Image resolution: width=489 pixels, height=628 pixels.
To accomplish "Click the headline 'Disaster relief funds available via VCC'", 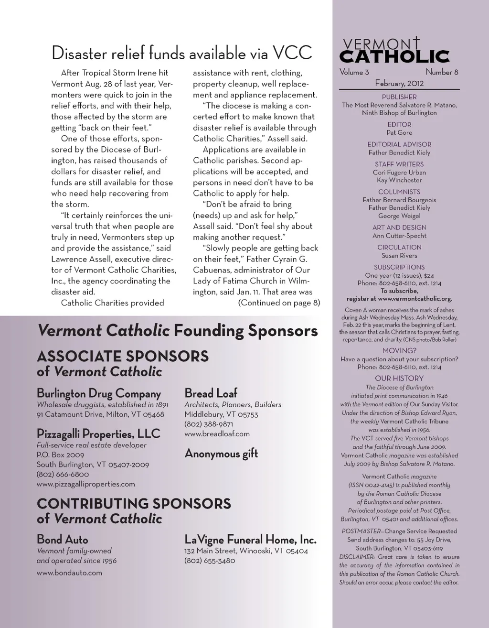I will point(181,53).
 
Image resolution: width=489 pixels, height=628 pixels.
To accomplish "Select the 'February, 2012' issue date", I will point(399,84).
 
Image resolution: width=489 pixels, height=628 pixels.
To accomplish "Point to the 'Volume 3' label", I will point(354,73).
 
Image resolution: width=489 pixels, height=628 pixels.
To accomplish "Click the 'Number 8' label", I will point(442,73).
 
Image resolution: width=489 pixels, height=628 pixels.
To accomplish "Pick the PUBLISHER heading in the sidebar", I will point(399,97).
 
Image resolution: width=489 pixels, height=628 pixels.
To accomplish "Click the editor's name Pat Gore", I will point(399,133).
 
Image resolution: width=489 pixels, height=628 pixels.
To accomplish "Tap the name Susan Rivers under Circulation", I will point(399,256).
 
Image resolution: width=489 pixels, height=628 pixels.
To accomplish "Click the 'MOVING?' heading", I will point(399,351).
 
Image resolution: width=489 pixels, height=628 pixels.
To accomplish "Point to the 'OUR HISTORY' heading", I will point(399,379).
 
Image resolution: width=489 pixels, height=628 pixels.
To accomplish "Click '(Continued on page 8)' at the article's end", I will point(279,303).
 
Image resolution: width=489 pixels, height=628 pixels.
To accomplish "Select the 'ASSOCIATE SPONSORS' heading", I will point(123,357).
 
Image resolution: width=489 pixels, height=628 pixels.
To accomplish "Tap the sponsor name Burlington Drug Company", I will point(99,394).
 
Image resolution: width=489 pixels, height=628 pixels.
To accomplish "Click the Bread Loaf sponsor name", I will point(211,394).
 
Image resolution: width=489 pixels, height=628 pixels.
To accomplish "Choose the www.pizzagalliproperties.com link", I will point(86,484).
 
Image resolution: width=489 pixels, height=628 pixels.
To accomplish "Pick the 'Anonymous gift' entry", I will point(221,454).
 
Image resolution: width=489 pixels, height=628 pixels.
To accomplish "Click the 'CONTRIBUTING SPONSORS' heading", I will point(134,504).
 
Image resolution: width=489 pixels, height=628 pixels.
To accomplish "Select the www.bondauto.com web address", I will point(69,573).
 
